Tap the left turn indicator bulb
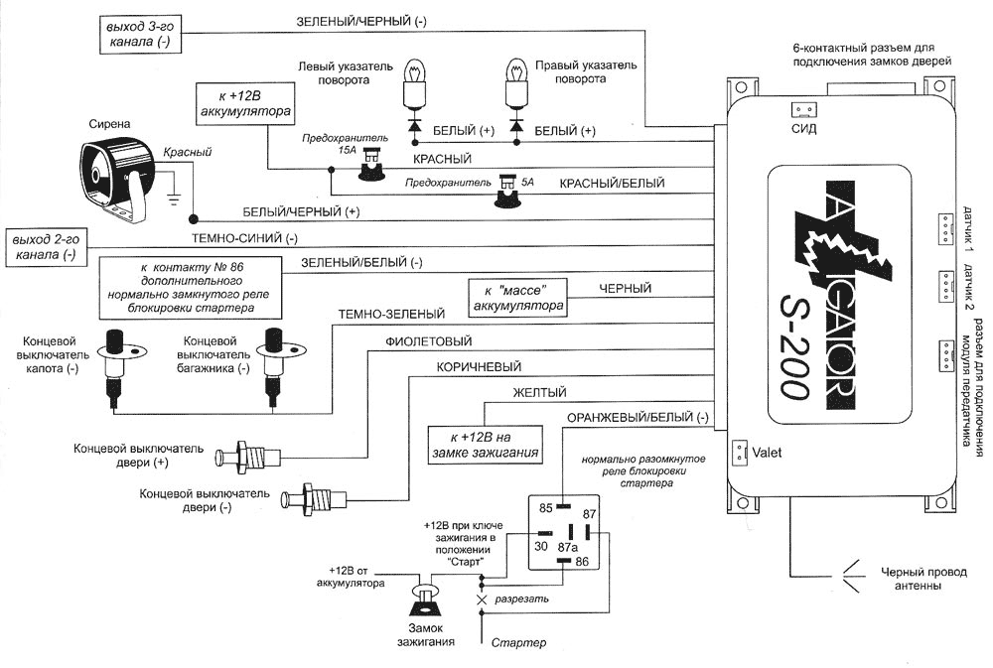click(413, 83)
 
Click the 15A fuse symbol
click(373, 164)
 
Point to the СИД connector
click(802, 111)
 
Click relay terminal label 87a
click(566, 547)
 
